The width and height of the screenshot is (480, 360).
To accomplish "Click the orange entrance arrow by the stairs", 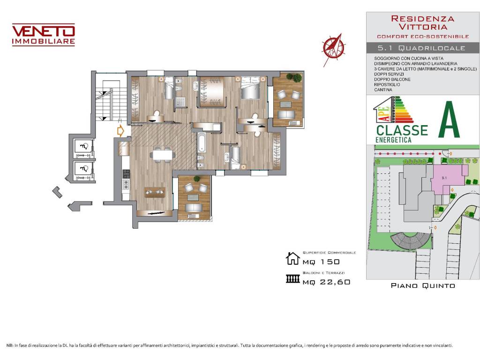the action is pos(120,131).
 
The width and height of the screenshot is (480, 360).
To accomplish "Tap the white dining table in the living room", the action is pos(163,155).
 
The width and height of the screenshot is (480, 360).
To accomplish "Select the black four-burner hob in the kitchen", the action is pos(126,174).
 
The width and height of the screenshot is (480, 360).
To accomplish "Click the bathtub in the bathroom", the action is pos(202,142).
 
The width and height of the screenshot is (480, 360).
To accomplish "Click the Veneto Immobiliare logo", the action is pos(44,35).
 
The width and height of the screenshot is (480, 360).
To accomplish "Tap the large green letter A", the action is pos(449,120).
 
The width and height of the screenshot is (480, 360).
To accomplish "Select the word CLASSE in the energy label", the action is pos(402,130).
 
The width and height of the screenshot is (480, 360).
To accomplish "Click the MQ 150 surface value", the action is pos(321,262).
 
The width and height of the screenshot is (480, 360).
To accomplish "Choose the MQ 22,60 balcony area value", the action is pos(326,282).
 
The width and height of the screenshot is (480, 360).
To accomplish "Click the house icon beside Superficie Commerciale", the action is pos(292,258).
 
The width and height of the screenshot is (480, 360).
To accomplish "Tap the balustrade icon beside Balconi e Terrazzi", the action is pos(292,279).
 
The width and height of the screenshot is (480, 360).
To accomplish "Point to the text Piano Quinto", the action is pos(423,285).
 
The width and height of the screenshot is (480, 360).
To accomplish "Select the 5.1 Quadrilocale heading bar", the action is pos(423,48).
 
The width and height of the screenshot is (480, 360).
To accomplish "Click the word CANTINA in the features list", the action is pos(383,90).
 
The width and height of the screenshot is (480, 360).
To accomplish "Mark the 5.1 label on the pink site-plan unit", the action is pos(444,178).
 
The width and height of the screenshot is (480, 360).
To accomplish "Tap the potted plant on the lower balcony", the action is pos(197,179).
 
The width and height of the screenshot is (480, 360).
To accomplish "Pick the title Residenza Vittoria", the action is pos(423,22).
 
